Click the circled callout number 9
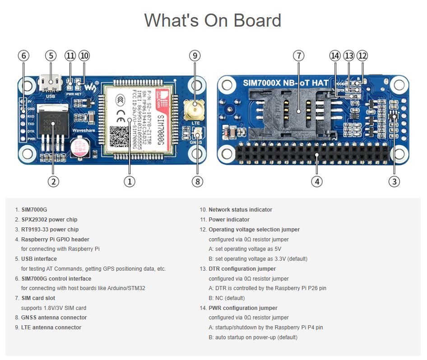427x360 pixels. point(195,55)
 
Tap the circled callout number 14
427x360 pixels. point(334,55)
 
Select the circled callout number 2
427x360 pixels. point(53,181)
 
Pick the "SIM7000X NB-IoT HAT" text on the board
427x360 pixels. point(285,83)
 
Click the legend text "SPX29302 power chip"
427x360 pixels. point(49,220)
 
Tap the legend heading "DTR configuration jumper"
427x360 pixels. point(242,269)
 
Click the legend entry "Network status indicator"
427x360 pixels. point(240,210)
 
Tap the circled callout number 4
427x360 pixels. point(317,181)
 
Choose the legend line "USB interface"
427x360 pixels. point(39,259)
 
